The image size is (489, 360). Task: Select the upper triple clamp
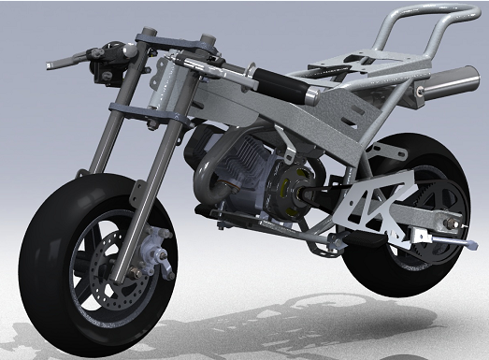(168, 42)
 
